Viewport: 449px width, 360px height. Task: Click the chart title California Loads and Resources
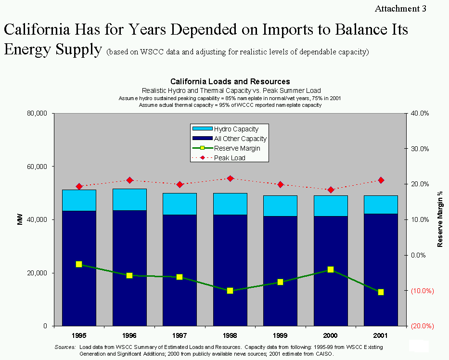click(230, 82)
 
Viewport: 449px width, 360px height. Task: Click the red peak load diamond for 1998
click(230, 179)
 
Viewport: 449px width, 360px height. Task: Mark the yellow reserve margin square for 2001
click(381, 292)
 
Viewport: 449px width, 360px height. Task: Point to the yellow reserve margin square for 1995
click(79, 264)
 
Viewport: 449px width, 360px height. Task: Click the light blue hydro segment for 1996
click(129, 200)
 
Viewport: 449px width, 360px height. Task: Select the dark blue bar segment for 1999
click(280, 270)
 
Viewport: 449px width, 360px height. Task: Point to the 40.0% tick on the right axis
click(421, 114)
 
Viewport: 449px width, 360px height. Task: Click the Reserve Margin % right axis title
click(440, 219)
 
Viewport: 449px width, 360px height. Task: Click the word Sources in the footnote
click(65, 347)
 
